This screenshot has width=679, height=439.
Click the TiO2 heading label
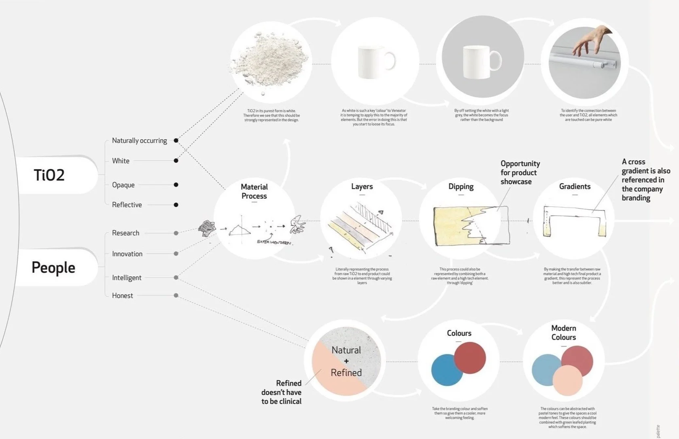[x=49, y=175]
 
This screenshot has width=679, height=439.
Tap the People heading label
[x=53, y=267]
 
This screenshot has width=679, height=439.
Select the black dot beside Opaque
[x=176, y=185]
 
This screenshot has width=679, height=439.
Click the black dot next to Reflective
[x=176, y=205]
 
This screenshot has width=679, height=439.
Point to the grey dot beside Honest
[x=176, y=295]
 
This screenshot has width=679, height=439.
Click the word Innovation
[x=127, y=254]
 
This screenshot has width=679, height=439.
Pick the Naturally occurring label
[x=139, y=140]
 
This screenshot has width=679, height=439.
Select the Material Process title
[x=254, y=191]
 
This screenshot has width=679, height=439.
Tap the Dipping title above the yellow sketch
[x=461, y=187]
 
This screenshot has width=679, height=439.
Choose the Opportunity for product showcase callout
[x=520, y=172]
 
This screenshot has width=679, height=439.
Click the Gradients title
[x=575, y=187]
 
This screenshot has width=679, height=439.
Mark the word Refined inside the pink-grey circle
[x=346, y=373]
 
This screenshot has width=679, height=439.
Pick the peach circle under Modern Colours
[x=567, y=381]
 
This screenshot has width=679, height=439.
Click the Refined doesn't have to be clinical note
[x=281, y=392]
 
